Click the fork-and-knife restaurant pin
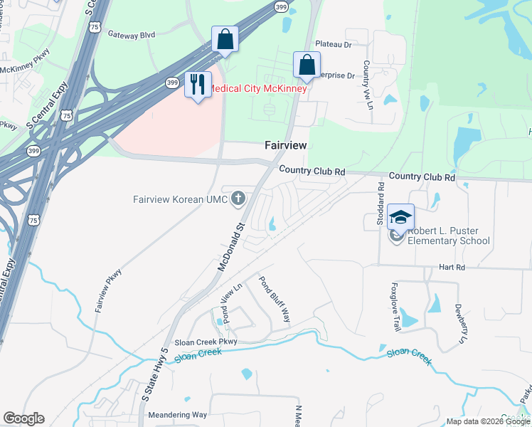[x=197, y=85]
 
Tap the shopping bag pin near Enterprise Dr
[x=307, y=65]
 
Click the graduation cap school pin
[x=400, y=217]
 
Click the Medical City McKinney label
[x=257, y=89]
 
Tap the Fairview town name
[x=285, y=144]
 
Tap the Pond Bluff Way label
[x=275, y=299]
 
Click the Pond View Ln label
[x=232, y=302]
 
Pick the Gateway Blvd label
[x=131, y=33]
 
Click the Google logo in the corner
[x=23, y=418]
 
